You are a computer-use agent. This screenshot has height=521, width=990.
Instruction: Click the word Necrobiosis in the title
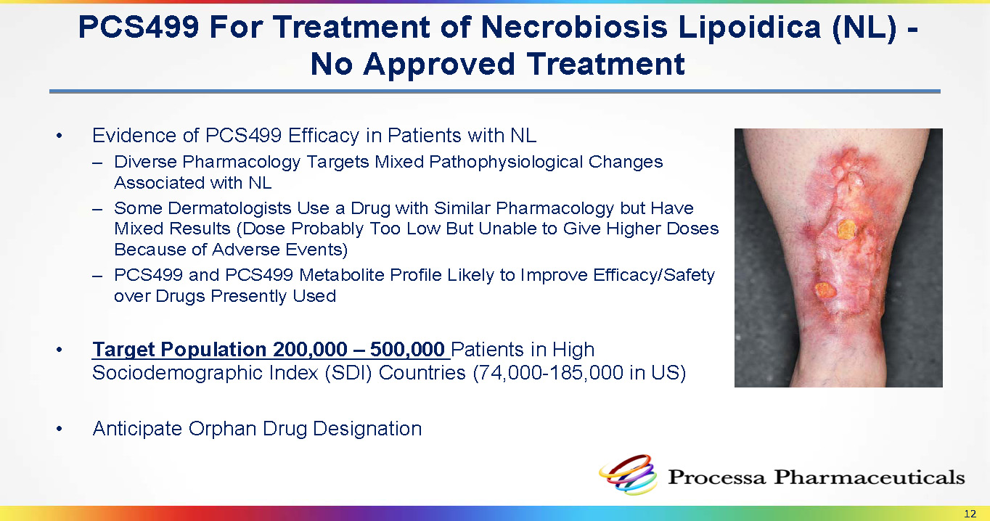574,27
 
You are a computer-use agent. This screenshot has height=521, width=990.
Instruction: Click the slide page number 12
970,514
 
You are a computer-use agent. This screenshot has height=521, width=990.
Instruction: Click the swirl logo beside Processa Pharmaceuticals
628,475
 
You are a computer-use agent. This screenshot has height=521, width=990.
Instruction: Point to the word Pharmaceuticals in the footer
869,477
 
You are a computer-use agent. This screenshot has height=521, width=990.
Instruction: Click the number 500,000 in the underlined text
407,350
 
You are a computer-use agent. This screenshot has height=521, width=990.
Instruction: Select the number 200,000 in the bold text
310,350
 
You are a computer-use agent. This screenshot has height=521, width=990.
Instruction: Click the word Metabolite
342,275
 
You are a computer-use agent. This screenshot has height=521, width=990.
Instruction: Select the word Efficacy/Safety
654,276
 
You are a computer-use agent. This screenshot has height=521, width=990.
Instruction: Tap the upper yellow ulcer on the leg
846,230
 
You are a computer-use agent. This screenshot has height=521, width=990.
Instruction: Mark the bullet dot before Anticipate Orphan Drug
60,429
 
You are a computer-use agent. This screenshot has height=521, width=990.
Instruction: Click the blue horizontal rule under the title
494,91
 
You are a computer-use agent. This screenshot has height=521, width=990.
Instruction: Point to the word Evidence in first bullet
134,136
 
